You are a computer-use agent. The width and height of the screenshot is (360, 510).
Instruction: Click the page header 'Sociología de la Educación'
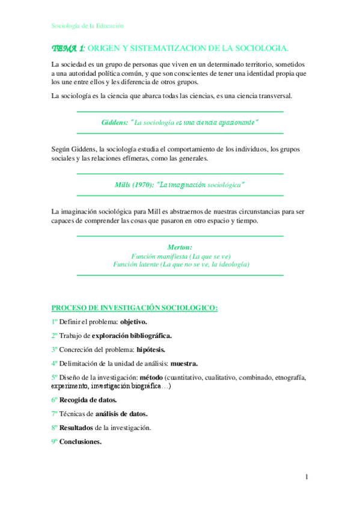87,26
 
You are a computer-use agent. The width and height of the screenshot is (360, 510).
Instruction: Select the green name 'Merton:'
180,247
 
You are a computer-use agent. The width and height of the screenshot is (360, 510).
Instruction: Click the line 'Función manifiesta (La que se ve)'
180,256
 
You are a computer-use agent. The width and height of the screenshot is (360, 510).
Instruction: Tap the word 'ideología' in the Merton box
231,264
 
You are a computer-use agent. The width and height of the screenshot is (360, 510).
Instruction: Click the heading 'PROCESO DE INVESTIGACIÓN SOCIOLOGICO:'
134,307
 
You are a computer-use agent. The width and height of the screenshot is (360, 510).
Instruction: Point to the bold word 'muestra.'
184,363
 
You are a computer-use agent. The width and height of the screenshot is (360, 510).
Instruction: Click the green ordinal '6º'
55,399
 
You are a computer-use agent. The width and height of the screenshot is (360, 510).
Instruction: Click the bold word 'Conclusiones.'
81,441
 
